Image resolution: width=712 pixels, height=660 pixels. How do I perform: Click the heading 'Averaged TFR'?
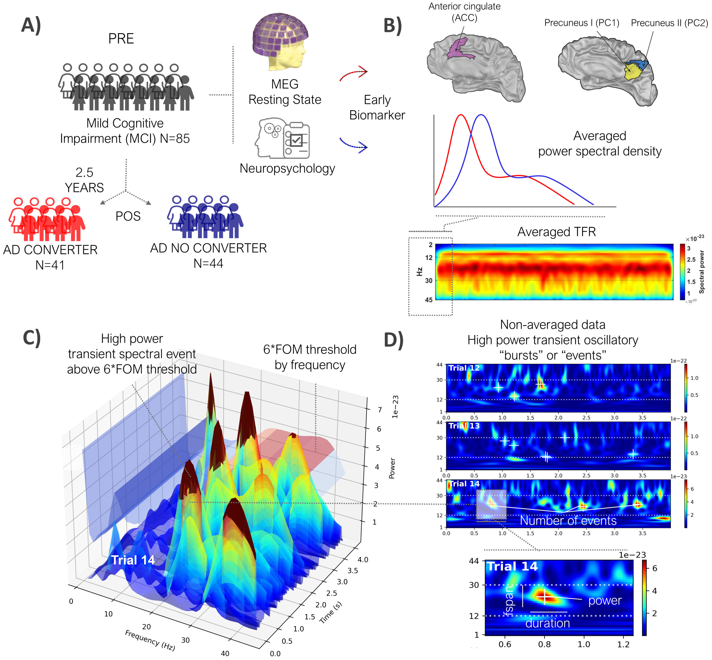[x=556, y=232]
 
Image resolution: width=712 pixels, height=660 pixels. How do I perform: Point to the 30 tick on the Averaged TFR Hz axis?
[x=428, y=280]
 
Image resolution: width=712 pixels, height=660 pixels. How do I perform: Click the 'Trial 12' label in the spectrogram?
[x=464, y=368]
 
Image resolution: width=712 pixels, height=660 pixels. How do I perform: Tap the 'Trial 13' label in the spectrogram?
[x=464, y=426]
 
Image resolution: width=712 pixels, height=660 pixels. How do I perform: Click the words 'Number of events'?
[x=568, y=520]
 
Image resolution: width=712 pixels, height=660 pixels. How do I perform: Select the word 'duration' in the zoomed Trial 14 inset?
[x=547, y=623]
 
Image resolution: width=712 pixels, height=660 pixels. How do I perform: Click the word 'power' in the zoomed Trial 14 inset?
[x=604, y=600]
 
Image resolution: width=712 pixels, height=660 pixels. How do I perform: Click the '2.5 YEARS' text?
[x=84, y=180]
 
